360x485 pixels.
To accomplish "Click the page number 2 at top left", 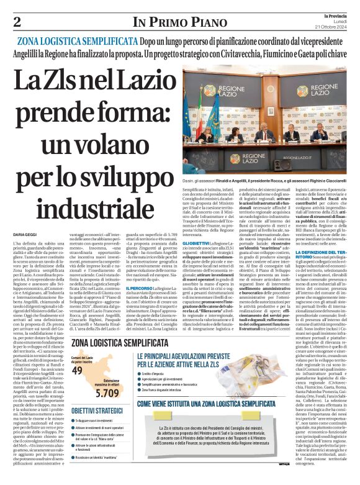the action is pos(18,22).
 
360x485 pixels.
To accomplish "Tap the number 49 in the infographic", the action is pos(78,369).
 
